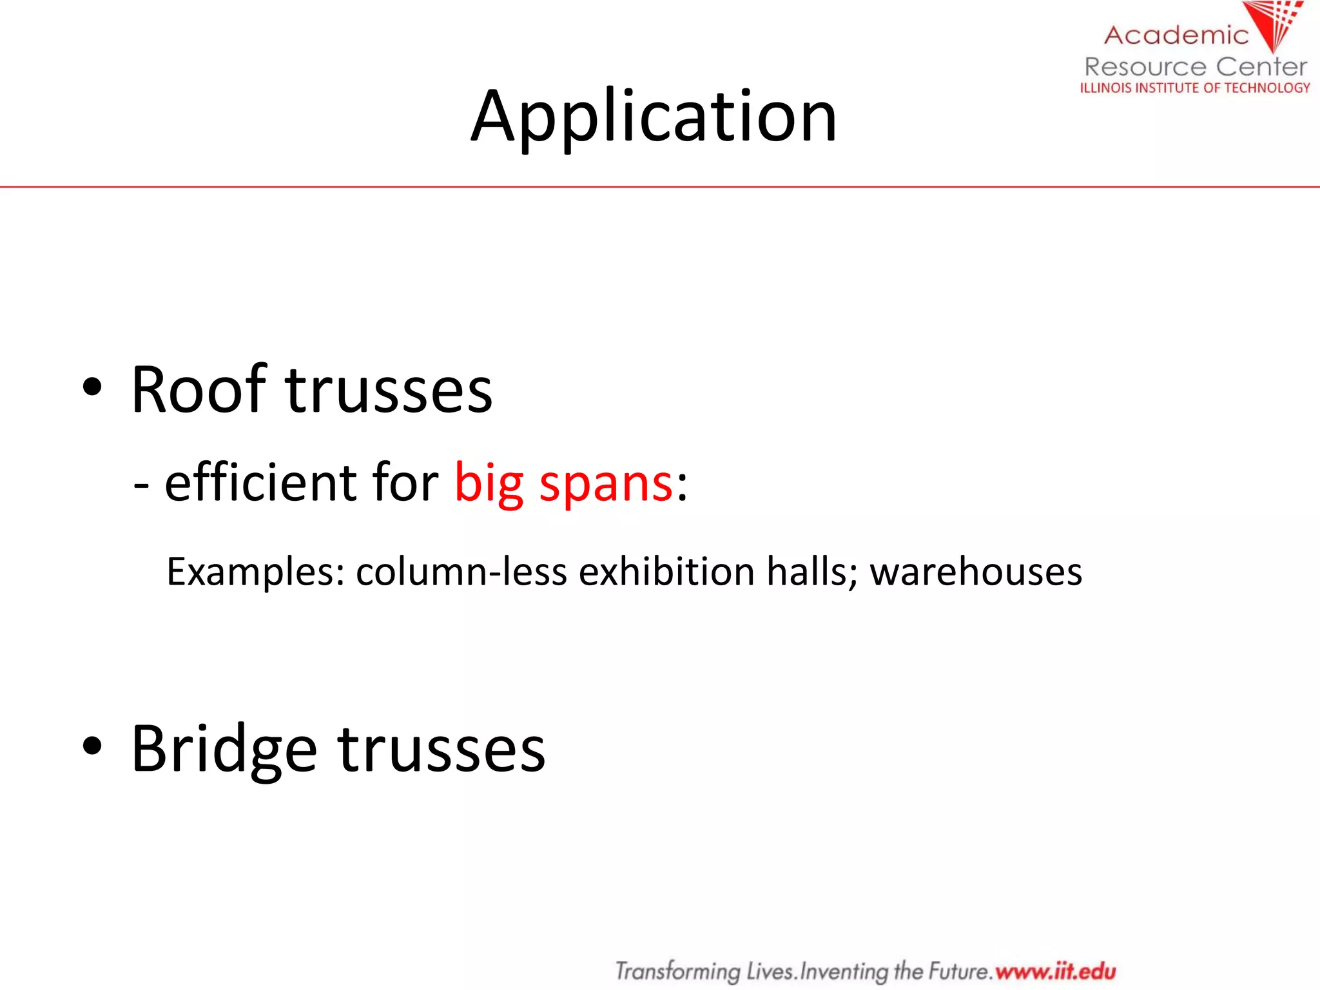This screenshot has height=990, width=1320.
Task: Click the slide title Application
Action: [654, 117]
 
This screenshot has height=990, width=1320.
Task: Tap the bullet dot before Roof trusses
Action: [92, 387]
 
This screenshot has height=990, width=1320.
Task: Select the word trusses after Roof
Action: [389, 391]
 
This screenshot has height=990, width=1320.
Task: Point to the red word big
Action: [489, 483]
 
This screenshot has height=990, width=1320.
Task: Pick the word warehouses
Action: [976, 572]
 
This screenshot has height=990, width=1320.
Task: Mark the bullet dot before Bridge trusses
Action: [92, 746]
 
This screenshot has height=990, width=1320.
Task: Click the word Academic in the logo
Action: [1176, 35]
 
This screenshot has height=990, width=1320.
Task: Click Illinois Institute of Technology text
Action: [1195, 88]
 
